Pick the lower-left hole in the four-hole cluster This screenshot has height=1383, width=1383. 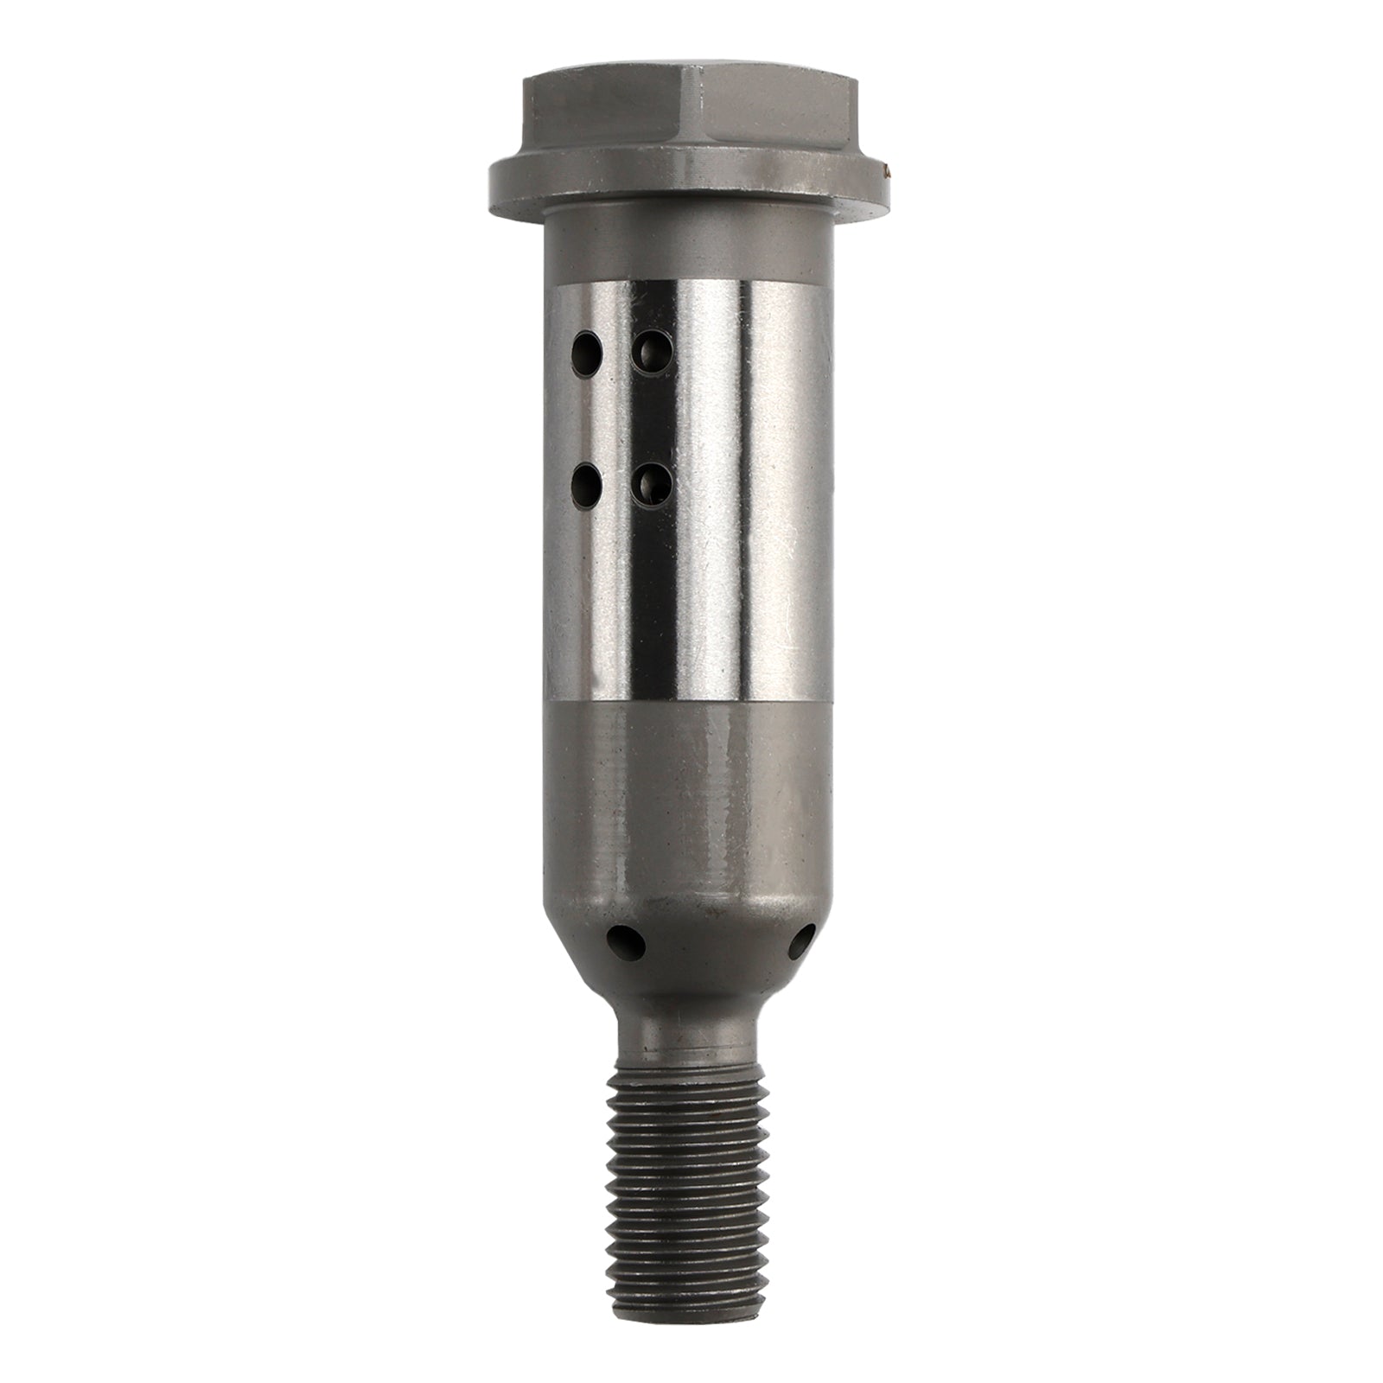coord(588,487)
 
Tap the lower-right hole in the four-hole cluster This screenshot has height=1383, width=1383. coord(649,488)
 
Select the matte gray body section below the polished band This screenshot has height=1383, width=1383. coord(691,813)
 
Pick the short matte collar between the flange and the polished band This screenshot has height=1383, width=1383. coord(691,251)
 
